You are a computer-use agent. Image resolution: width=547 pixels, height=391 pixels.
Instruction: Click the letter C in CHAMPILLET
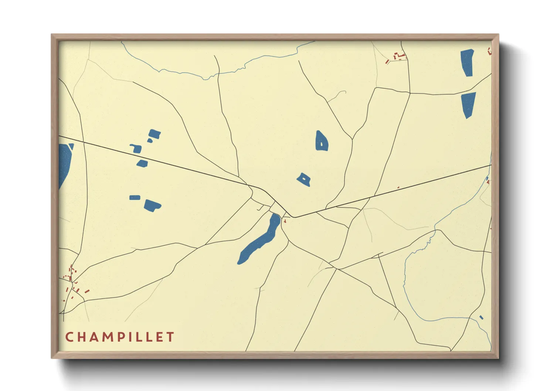(x=69, y=337)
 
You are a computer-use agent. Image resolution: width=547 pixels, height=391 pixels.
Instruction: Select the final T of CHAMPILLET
(x=170, y=337)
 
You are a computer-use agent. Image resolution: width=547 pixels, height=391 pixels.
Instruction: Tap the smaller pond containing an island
(x=304, y=180)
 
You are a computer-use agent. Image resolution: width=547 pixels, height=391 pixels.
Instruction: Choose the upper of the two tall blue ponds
(x=467, y=62)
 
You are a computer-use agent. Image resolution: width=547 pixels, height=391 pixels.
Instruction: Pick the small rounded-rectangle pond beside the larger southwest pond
(x=135, y=198)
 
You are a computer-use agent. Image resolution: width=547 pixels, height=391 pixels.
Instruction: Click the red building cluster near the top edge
(x=398, y=57)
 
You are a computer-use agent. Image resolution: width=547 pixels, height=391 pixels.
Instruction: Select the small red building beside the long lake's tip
(x=285, y=221)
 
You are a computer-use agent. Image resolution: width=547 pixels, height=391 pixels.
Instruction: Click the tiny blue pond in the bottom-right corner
(x=481, y=317)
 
